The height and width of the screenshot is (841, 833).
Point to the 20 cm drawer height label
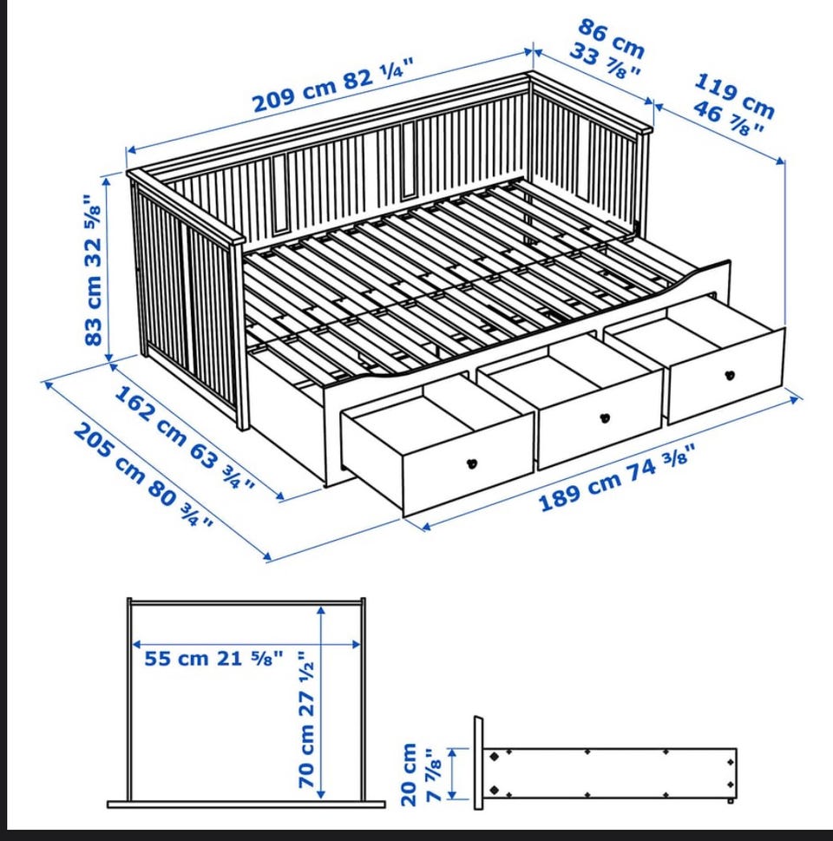click(410, 774)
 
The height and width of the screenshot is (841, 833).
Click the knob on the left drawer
click(471, 463)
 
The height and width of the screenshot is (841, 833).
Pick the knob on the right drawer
click(730, 375)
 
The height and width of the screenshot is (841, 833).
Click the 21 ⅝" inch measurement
click(249, 658)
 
